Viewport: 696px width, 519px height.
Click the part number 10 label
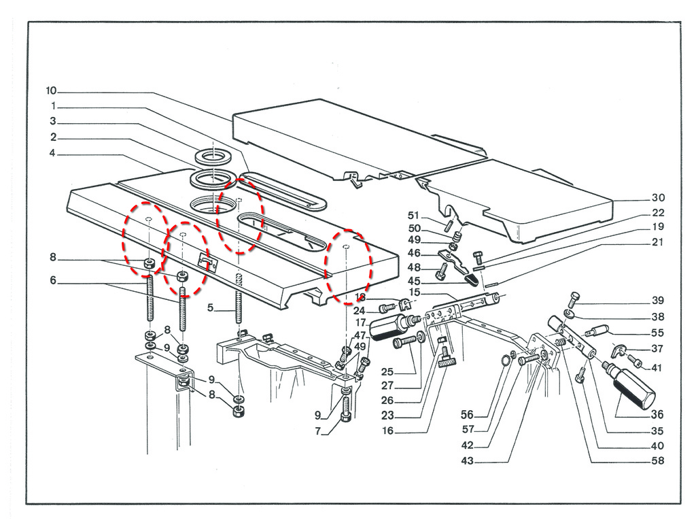click(51, 91)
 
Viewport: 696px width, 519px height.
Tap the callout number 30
click(658, 198)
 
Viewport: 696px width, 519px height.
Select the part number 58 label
click(657, 461)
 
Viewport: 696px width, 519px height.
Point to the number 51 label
click(413, 216)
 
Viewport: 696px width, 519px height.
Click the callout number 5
click(211, 307)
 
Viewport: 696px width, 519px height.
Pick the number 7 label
click(318, 431)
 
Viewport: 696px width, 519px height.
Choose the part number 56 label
click(467, 414)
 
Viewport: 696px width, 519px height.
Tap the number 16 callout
click(388, 431)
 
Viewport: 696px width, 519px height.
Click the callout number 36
click(657, 414)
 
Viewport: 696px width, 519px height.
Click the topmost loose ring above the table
click(213, 156)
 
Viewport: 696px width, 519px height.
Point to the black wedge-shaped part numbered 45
click(470, 280)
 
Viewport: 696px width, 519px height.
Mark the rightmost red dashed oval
click(349, 267)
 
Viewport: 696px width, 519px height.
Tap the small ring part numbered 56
click(506, 361)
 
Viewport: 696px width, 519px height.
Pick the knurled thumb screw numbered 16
click(445, 358)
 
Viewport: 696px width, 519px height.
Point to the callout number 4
click(52, 153)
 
